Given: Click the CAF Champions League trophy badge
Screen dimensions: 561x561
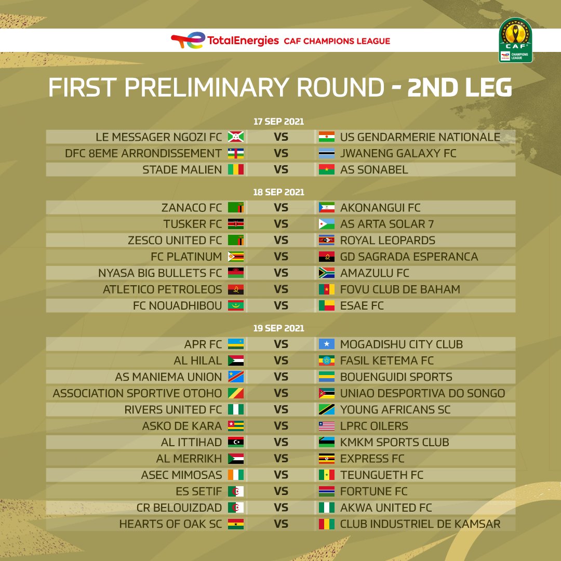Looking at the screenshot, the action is tap(515, 40).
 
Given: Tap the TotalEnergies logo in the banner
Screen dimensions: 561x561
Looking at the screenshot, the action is tap(225, 41).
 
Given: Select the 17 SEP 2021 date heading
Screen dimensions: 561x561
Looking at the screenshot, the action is tap(279, 122).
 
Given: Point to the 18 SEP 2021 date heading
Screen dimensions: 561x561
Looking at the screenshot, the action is tap(279, 192).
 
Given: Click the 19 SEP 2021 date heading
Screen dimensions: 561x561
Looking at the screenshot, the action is tap(279, 328).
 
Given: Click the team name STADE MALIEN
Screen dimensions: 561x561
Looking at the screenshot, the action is tap(182, 169).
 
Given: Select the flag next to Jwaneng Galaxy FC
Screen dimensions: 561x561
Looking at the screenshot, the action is tap(327, 153).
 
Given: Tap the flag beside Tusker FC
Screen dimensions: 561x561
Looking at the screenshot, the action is tap(236, 224).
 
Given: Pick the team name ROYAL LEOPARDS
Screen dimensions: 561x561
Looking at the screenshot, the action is tap(388, 241).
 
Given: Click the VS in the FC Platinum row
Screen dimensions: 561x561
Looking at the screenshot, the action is tap(281, 257).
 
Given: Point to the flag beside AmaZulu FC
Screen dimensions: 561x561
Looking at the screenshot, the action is tap(327, 273).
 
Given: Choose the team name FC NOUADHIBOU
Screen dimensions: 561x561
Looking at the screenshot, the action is tap(178, 306).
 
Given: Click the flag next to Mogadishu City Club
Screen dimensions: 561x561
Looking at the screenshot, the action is tap(327, 344).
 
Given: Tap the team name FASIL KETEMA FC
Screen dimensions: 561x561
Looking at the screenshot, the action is tap(387, 360).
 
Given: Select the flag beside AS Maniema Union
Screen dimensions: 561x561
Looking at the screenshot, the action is tap(236, 377).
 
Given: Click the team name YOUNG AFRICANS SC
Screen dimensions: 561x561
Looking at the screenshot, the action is tap(395, 410).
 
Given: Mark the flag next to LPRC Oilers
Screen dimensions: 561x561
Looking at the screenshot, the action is tap(327, 426).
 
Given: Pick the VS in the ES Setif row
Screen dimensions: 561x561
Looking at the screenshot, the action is tap(281, 491).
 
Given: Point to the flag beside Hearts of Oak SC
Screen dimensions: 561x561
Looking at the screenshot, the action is tap(236, 524).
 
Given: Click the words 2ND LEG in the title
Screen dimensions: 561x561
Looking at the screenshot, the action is tap(459, 87).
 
